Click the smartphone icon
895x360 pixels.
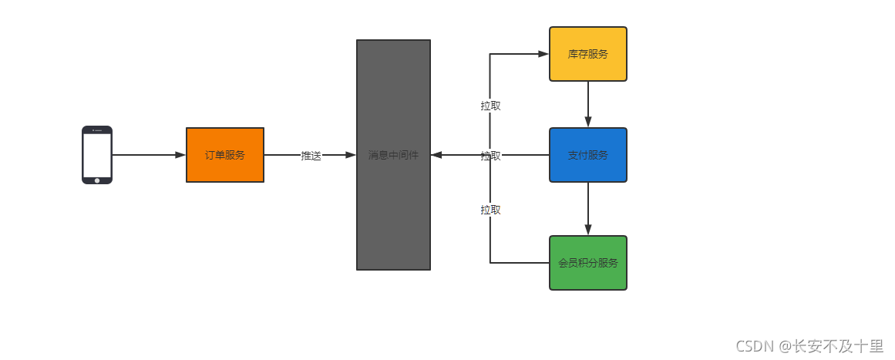click(97, 155)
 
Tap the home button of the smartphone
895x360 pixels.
click(97, 180)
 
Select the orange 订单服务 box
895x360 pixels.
click(225, 155)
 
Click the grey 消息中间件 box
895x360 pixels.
click(393, 155)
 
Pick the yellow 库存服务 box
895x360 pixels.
click(588, 54)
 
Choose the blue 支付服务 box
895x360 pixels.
click(588, 155)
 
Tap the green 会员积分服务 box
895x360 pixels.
click(588, 263)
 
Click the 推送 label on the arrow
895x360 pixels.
click(311, 155)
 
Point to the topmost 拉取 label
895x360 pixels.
click(491, 106)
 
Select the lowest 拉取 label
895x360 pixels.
click(491, 210)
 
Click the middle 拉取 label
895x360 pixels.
click(491, 156)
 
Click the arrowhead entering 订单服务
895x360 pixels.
click(181, 155)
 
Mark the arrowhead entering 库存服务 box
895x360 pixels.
click(543, 54)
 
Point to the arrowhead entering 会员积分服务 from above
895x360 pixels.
click(588, 230)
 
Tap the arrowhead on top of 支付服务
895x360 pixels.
click(588, 122)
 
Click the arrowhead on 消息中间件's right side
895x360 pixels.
click(436, 155)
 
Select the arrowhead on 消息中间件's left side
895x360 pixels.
click(351, 155)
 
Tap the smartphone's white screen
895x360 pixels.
click(97, 155)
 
